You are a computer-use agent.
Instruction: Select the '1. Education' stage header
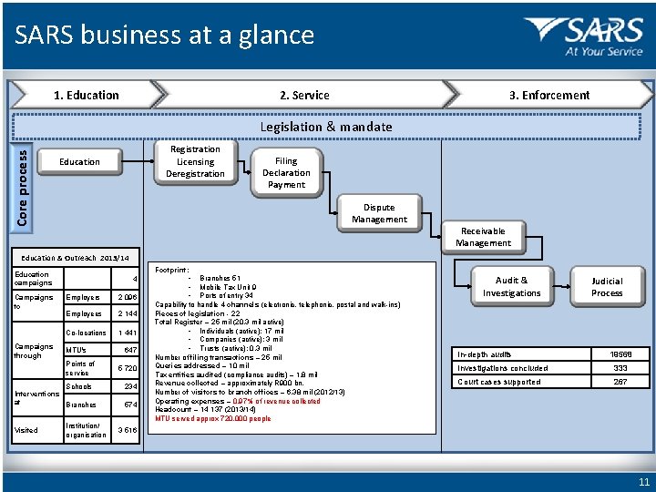click(x=86, y=95)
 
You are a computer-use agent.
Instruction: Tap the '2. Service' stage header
click(x=304, y=95)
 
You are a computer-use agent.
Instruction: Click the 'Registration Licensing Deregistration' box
click(x=195, y=161)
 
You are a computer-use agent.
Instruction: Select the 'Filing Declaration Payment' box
click(x=286, y=173)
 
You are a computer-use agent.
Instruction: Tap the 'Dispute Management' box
click(x=379, y=213)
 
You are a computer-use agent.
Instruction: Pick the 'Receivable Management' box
click(x=483, y=237)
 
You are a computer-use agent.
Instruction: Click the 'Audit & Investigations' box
click(x=511, y=287)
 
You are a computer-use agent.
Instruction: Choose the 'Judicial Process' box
click(x=607, y=287)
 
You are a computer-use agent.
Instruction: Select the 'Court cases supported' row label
click(x=498, y=382)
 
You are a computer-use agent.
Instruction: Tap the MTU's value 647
click(x=128, y=350)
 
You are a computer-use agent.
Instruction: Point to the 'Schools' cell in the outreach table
click(x=79, y=386)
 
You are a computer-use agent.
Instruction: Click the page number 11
click(x=644, y=481)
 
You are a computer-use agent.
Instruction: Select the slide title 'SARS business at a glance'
click(x=164, y=36)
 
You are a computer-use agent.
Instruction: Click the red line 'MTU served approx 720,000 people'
click(x=213, y=419)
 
